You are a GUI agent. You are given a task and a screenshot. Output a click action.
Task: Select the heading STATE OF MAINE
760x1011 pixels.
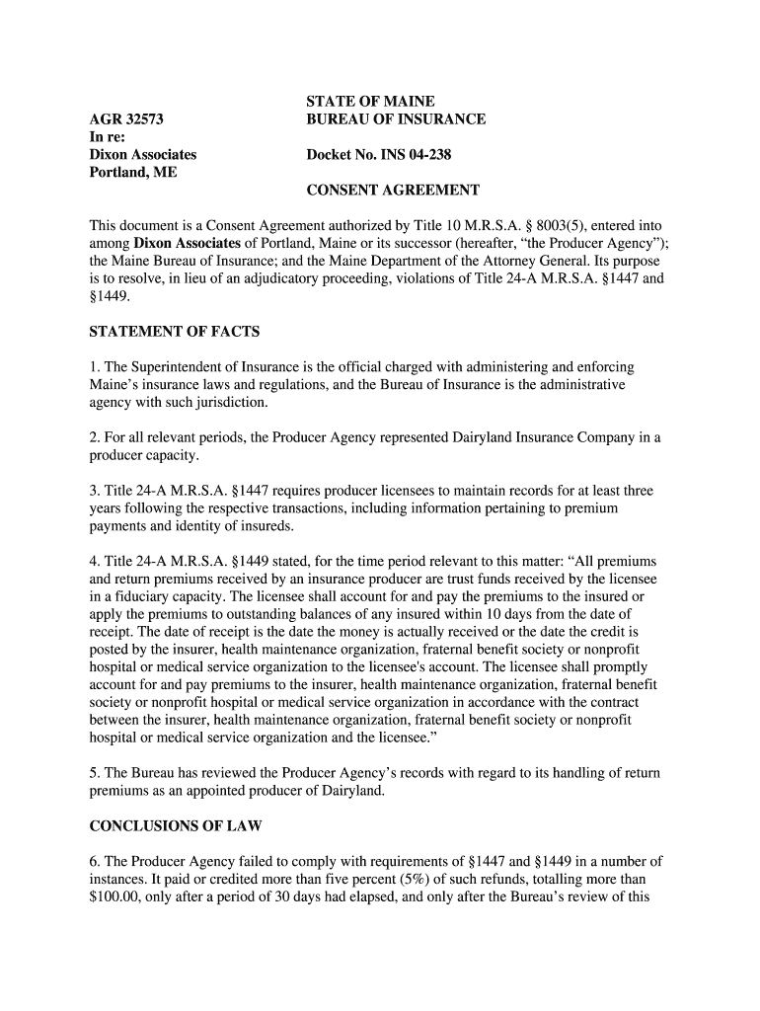pyautogui.click(x=370, y=102)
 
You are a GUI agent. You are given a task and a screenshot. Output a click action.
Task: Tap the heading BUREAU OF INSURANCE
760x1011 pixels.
pyautogui.click(x=396, y=119)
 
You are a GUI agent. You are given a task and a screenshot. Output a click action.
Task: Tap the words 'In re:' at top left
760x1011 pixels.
pyautogui.click(x=108, y=137)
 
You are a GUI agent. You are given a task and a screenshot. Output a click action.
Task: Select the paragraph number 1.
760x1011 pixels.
pyautogui.click(x=94, y=367)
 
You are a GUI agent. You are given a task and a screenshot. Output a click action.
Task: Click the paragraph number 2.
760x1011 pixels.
pyautogui.click(x=94, y=437)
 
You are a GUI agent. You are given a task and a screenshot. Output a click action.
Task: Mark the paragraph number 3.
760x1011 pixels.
pyautogui.click(x=94, y=491)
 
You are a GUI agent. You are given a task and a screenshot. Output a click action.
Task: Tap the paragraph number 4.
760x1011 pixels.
pyautogui.click(x=94, y=561)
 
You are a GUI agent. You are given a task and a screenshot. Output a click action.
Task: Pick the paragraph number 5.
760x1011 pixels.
pyautogui.click(x=94, y=772)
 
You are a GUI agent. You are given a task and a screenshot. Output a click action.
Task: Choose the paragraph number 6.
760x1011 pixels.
pyautogui.click(x=94, y=861)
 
